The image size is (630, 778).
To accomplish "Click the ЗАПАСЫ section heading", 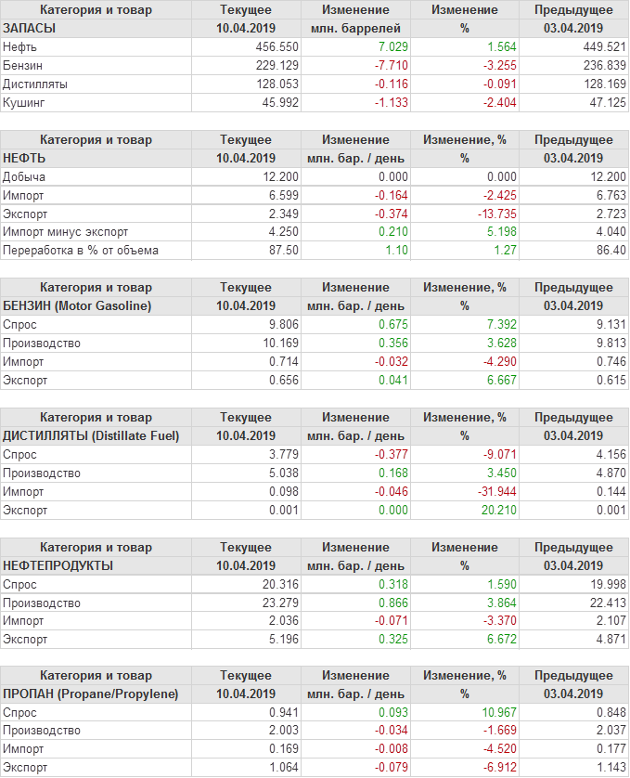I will [x=30, y=28].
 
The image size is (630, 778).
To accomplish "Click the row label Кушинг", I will [x=24, y=102].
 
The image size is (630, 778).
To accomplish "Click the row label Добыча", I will [x=24, y=176].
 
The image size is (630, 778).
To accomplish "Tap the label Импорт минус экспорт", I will [x=66, y=232].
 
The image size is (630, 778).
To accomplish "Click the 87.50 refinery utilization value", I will [x=282, y=251].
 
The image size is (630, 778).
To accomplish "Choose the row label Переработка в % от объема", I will [x=81, y=251].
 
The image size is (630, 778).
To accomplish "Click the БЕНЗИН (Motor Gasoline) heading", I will [x=78, y=305].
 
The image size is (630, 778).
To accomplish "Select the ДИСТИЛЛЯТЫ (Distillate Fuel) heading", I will [x=92, y=435].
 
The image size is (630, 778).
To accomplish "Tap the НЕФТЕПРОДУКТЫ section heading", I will [x=58, y=565].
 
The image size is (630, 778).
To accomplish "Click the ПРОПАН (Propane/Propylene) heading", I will [x=91, y=694].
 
